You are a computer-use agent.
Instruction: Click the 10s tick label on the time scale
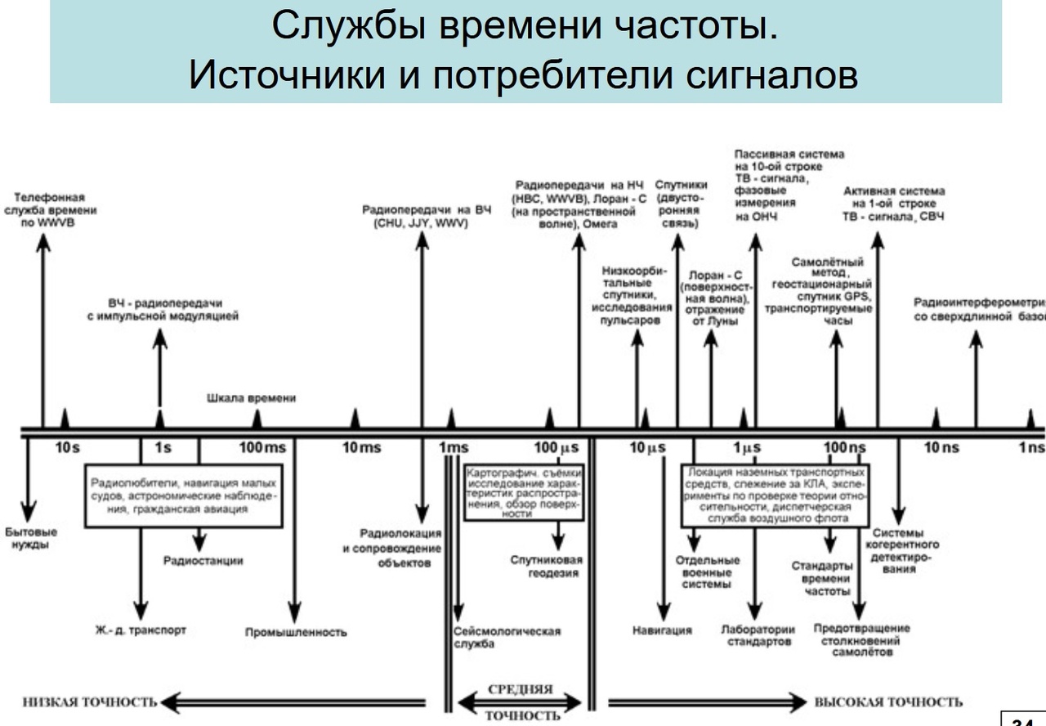[x=67, y=448]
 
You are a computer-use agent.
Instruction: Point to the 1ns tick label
[x=1031, y=448]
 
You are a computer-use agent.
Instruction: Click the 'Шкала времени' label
[x=251, y=398]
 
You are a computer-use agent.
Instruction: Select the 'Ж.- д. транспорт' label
[x=141, y=630]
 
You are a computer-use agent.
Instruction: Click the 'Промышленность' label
[x=296, y=632]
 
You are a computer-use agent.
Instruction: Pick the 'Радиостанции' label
[x=203, y=561]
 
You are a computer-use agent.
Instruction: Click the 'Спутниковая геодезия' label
[x=546, y=567]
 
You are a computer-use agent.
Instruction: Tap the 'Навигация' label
[x=662, y=630]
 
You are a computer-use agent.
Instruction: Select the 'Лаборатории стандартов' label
[x=758, y=636]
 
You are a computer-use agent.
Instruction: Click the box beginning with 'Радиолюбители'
[x=184, y=495]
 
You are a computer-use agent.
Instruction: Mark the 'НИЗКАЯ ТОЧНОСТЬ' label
[x=89, y=702]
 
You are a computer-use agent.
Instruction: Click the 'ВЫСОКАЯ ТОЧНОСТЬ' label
[x=888, y=702]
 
